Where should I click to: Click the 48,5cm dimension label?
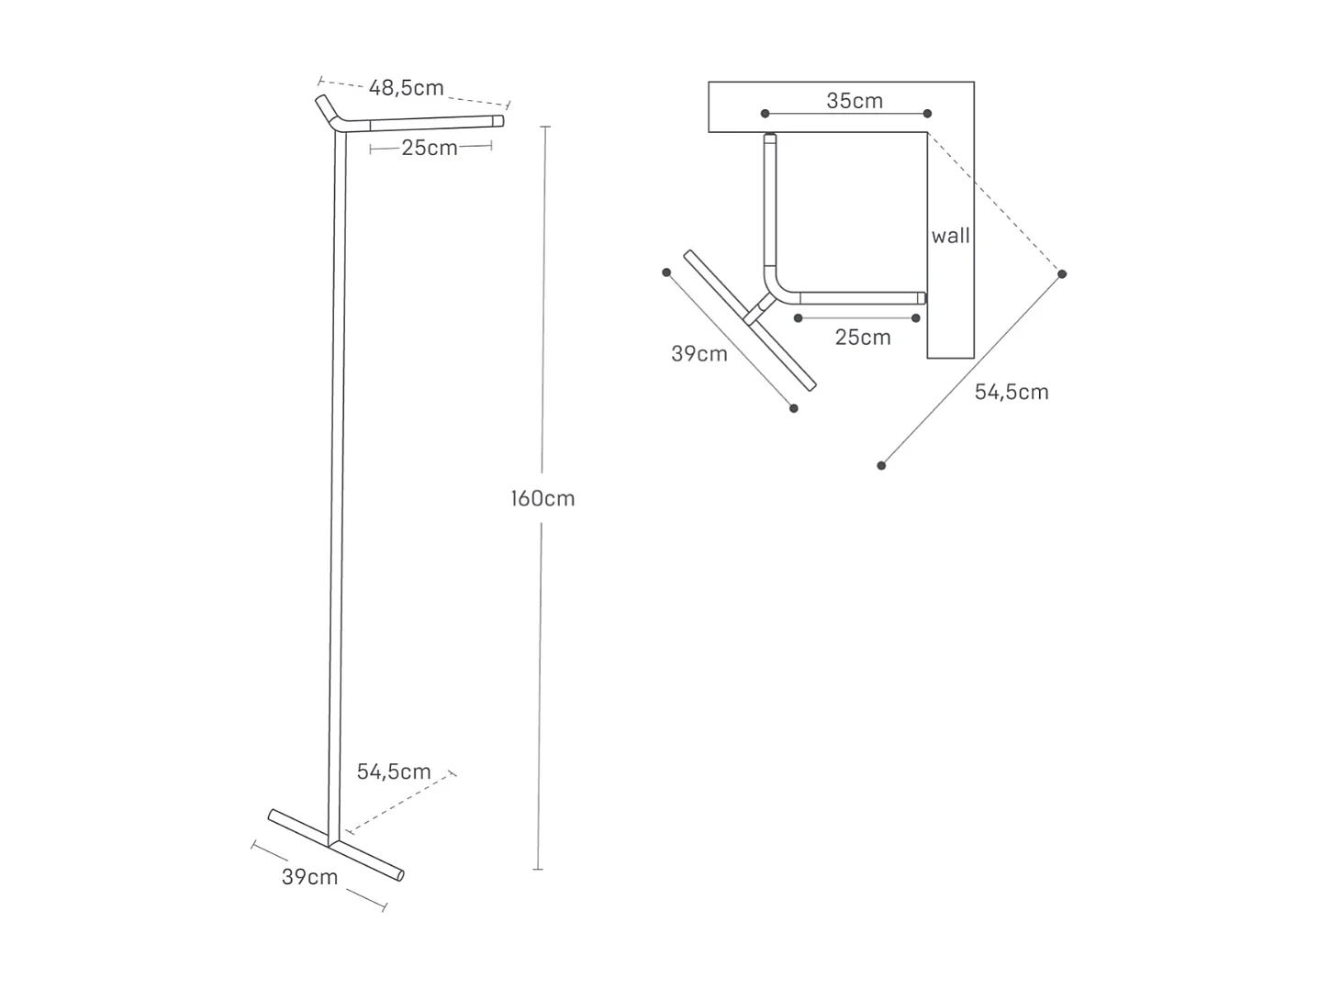pyautogui.click(x=406, y=88)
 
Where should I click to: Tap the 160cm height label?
pyautogui.click(x=542, y=499)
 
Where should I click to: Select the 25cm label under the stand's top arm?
pyautogui.click(x=429, y=148)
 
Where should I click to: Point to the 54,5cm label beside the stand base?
pyautogui.click(x=394, y=772)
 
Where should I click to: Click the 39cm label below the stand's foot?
pyautogui.click(x=309, y=877)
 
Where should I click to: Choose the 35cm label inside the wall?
pyautogui.click(x=855, y=101)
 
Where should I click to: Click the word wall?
pyautogui.click(x=950, y=236)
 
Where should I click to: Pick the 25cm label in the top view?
pyautogui.click(x=863, y=338)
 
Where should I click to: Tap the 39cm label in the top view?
pyautogui.click(x=699, y=354)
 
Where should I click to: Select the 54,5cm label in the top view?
pyautogui.click(x=1011, y=392)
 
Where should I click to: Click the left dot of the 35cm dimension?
pyautogui.click(x=765, y=114)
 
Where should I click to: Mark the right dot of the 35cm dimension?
pyautogui.click(x=927, y=114)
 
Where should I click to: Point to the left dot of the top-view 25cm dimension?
pyautogui.click(x=799, y=318)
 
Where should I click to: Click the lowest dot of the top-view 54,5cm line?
pyautogui.click(x=881, y=466)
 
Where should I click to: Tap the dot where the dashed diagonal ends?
pyautogui.click(x=1062, y=274)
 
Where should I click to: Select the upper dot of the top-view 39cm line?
pyautogui.click(x=666, y=272)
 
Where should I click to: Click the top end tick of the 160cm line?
pyautogui.click(x=545, y=126)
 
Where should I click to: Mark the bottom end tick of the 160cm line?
pyautogui.click(x=538, y=869)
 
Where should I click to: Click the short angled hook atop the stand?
pyautogui.click(x=327, y=108)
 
